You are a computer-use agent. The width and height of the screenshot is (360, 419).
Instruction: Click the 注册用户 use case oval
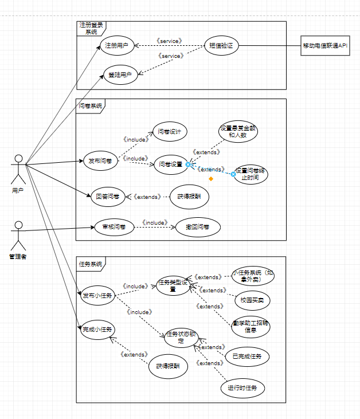point(116,45)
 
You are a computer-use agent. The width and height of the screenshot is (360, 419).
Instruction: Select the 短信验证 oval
point(221,46)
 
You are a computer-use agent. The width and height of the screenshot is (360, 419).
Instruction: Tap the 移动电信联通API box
point(325,46)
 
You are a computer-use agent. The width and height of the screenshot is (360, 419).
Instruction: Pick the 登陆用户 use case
point(120,75)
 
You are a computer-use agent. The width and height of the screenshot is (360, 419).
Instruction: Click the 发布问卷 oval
point(101,162)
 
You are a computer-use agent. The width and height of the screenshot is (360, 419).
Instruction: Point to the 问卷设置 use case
point(170,165)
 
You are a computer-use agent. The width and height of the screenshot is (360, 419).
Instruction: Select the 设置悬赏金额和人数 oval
point(238,132)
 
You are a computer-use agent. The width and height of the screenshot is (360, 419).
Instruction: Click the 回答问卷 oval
point(108,197)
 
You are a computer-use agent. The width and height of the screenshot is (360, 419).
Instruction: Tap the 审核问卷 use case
point(114,227)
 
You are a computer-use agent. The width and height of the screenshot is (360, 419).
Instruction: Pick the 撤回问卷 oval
point(198,227)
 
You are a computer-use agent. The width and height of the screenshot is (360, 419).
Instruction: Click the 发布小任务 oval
point(97,296)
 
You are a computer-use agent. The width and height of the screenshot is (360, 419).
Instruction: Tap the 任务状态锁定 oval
point(182,337)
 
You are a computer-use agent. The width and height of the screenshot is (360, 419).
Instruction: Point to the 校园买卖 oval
point(252,299)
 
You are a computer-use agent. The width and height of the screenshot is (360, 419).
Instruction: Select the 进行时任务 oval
point(243,389)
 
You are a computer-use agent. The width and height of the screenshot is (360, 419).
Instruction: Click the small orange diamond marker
point(211,179)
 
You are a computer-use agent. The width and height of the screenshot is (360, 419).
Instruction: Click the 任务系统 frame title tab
point(91,264)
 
